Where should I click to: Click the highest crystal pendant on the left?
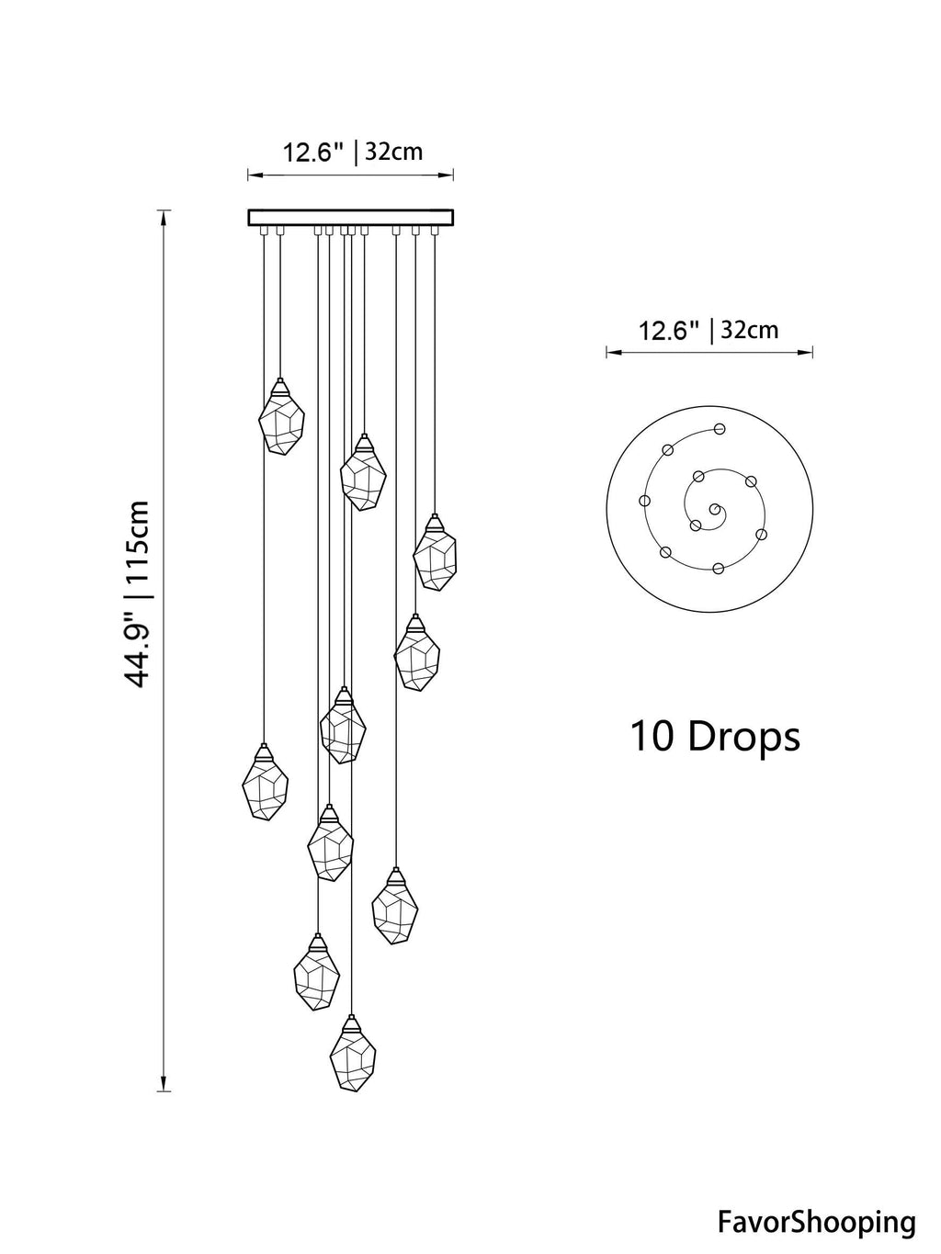tap(281, 422)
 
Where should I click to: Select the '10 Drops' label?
tap(714, 737)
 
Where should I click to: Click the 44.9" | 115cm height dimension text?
tap(138, 593)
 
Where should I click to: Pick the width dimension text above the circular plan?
tap(709, 330)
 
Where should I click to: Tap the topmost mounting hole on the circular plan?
tap(720, 428)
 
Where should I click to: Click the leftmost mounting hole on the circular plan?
tap(644, 501)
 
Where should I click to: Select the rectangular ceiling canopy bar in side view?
tap(351, 217)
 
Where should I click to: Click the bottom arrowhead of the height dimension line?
tap(164, 1087)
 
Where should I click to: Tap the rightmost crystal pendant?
tap(434, 556)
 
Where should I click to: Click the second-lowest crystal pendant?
tap(316, 975)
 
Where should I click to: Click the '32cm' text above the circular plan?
tap(750, 330)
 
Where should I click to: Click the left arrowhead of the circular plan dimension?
tap(609, 350)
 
